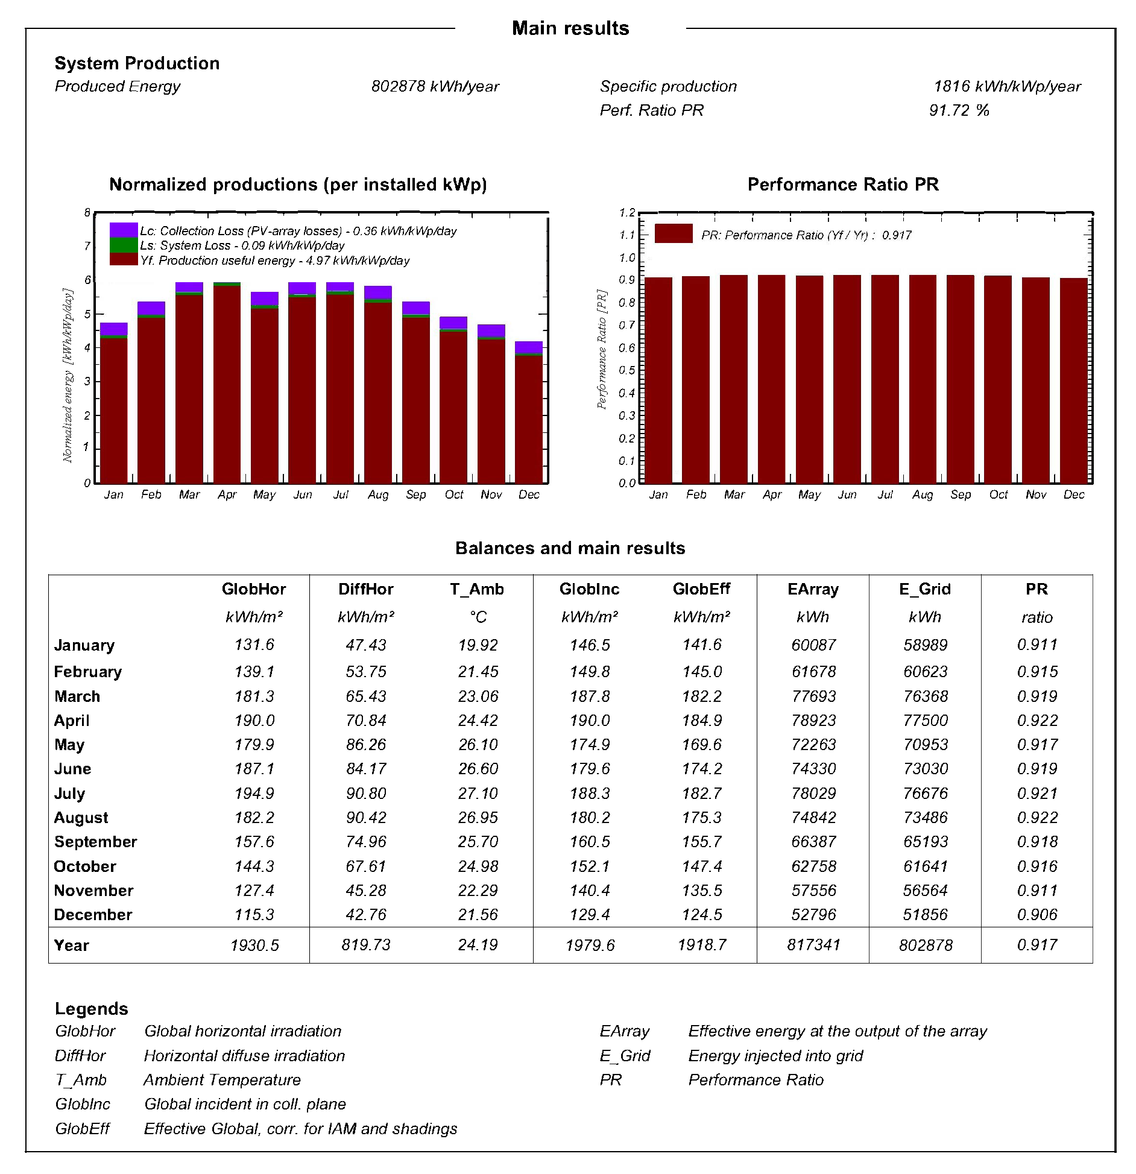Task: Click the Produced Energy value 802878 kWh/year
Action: click(435, 86)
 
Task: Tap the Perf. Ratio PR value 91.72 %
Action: click(959, 110)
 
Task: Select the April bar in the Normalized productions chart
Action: click(227, 386)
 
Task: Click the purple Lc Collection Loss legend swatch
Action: click(124, 230)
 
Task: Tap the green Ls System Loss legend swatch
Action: click(124, 245)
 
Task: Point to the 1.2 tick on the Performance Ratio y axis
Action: click(627, 213)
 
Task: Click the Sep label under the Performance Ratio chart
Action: click(961, 494)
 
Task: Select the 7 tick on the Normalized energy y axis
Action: click(87, 246)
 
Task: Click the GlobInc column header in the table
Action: click(589, 589)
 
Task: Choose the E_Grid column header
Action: click(924, 589)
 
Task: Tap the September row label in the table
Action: click(95, 842)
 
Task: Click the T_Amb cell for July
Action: click(478, 794)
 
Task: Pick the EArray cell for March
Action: click(813, 696)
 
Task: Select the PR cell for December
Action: click(1037, 915)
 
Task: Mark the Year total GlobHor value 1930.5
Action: click(254, 945)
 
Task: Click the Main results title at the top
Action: click(570, 28)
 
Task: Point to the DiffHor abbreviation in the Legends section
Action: click(80, 1056)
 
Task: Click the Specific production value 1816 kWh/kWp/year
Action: click(1007, 86)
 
